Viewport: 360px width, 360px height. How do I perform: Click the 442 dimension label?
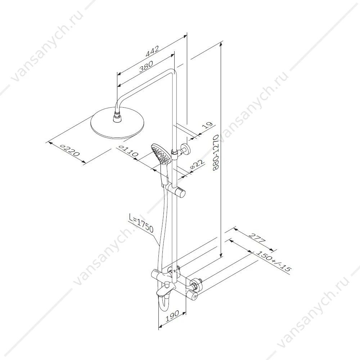pos(152,51)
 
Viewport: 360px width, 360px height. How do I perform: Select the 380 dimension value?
pos(146,66)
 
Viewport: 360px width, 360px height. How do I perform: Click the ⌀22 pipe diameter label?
pos(197,165)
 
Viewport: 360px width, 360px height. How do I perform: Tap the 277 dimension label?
pos(257,239)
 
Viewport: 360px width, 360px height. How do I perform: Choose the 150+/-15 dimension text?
pos(273,262)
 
